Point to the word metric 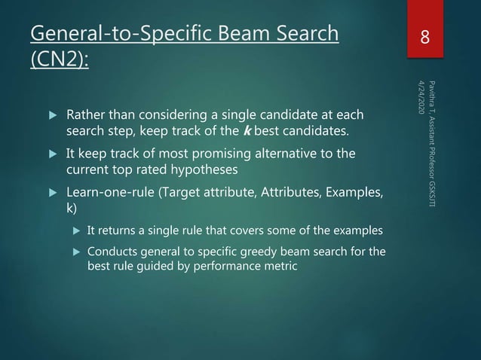click(280, 266)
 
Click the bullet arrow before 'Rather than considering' click(52, 117)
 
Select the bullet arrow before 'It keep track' click(52, 154)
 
